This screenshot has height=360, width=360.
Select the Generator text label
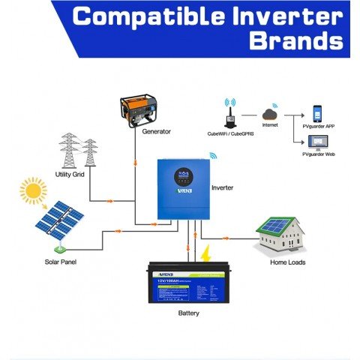point(156,131)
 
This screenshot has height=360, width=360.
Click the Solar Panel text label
point(60,262)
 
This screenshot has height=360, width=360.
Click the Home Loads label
point(287,262)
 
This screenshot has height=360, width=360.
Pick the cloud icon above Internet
point(270,114)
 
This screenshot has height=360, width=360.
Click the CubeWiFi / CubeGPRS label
point(229,133)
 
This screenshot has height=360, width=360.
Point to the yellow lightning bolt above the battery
point(205,253)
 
